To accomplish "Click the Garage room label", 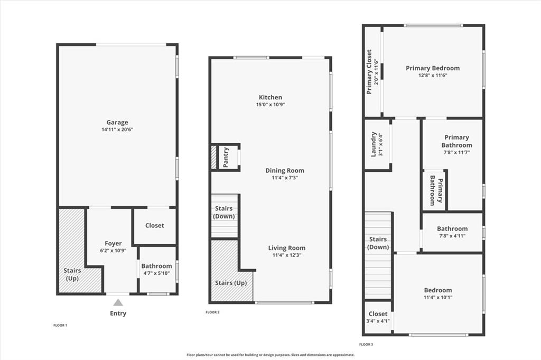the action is click(117, 122).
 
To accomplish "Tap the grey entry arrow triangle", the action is click(118, 303).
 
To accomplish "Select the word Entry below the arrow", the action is click(118, 313).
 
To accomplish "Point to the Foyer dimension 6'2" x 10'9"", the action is click(113, 251).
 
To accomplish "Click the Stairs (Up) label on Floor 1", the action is click(72, 274).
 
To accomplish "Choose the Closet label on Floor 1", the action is click(155, 225).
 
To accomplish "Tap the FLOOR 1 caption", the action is click(60, 325).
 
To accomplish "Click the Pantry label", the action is click(226, 158).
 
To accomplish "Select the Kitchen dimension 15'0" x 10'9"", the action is click(270, 104).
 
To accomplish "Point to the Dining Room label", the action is click(285, 170).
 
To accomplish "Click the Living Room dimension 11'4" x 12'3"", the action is click(287, 255).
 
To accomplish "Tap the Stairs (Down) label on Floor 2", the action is click(224, 213).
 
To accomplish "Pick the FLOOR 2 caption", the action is click(212, 312).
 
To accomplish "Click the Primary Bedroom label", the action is click(433, 68).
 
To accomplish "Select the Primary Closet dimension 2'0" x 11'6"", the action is click(376, 72).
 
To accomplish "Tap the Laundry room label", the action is click(373, 144).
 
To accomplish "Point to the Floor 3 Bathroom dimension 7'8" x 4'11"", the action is click(452, 236).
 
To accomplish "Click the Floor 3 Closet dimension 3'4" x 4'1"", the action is click(378, 321).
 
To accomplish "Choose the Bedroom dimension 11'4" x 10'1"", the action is click(438, 297).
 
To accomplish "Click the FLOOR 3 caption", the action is click(366, 345).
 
